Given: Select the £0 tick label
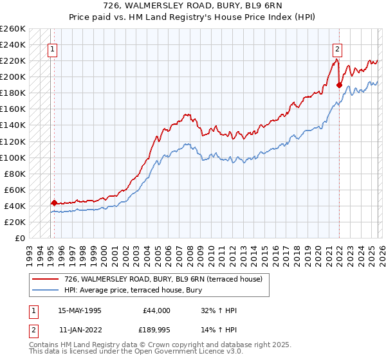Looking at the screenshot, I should coord(19,238).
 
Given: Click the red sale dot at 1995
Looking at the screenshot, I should coord(54,202).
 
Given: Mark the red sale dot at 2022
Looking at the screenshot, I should coord(339,84).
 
